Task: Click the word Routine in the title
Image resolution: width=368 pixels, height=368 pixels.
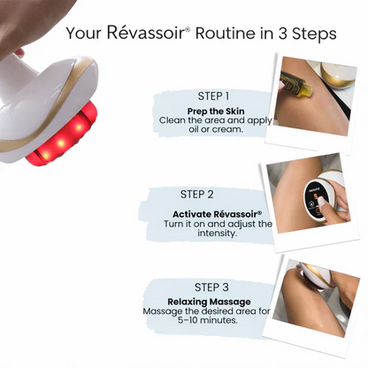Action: (x=226, y=33)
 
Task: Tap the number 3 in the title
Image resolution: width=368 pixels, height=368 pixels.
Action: (x=282, y=34)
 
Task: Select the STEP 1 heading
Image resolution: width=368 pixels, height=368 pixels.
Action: (x=213, y=96)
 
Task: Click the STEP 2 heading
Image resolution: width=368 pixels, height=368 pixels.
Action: (x=197, y=195)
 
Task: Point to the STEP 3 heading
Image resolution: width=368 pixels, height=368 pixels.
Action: (x=211, y=287)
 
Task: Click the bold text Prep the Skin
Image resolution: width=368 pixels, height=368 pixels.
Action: (x=216, y=111)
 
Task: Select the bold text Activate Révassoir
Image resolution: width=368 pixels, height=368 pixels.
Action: (x=218, y=214)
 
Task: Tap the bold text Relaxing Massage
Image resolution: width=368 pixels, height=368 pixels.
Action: (x=209, y=302)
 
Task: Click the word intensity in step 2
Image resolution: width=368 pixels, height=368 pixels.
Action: (x=217, y=234)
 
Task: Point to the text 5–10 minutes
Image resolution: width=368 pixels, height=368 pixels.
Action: (x=207, y=320)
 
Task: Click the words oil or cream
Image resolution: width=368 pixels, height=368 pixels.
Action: (x=216, y=129)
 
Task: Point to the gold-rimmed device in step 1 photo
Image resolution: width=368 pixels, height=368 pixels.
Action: (x=338, y=74)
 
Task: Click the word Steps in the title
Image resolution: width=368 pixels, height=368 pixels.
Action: (x=314, y=34)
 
